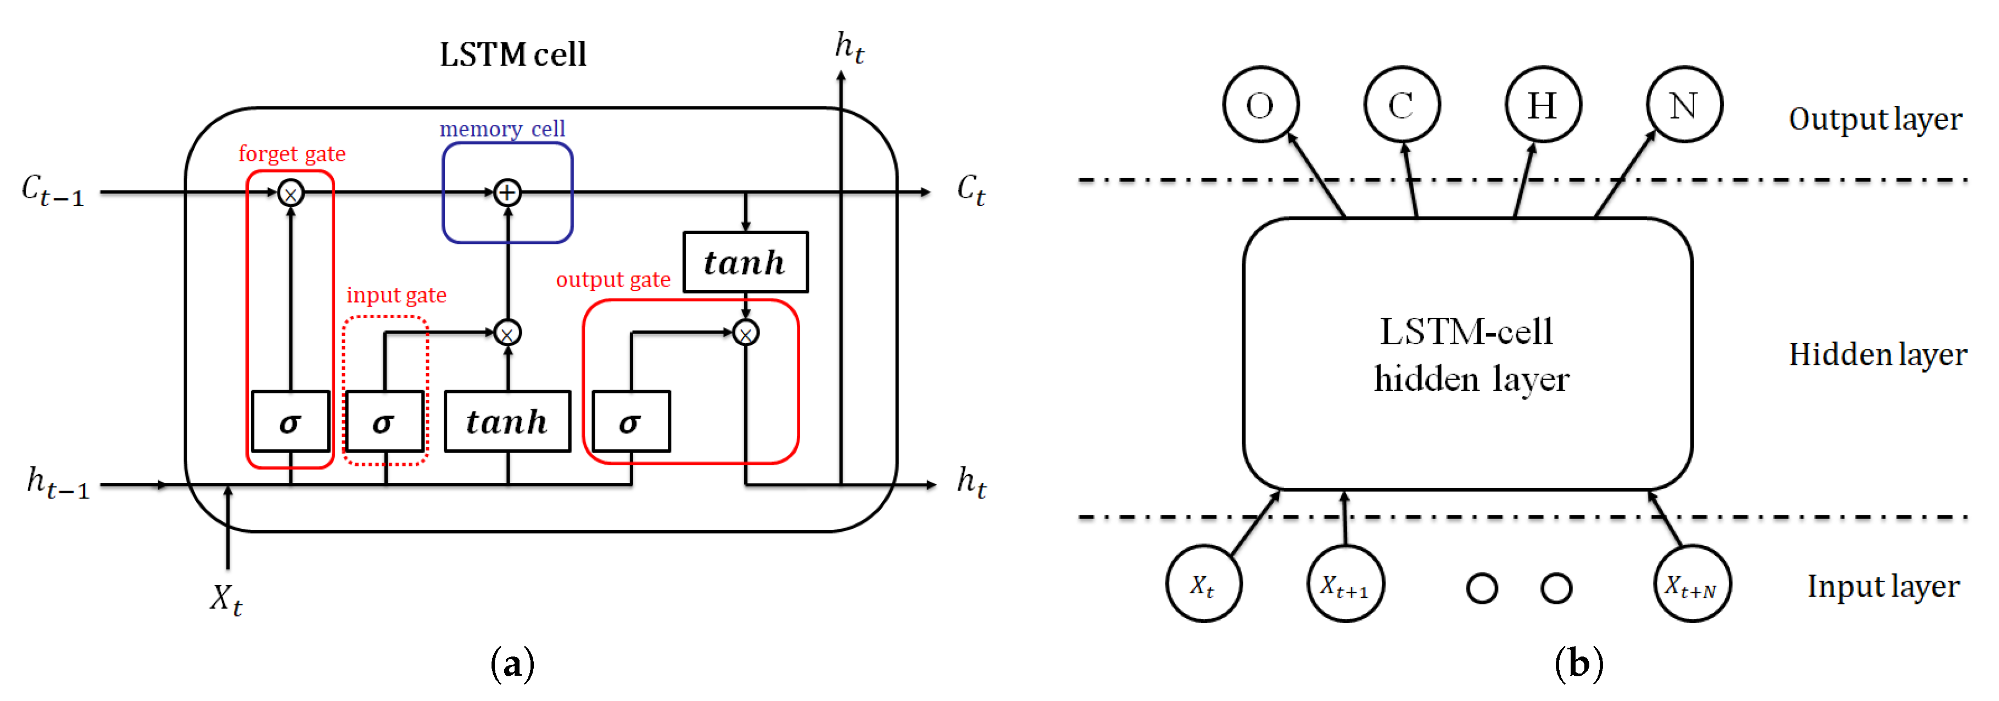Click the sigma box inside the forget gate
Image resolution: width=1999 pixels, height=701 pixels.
[290, 421]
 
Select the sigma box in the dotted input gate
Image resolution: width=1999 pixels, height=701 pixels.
[384, 421]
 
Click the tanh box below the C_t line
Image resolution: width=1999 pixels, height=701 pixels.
[745, 263]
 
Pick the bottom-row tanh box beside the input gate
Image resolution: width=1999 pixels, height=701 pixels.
[507, 421]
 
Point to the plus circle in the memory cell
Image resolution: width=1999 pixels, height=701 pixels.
[507, 192]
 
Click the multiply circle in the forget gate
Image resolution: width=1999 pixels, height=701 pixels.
[290, 193]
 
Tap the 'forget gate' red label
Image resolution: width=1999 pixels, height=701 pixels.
[292, 154]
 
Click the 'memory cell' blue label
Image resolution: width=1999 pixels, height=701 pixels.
[502, 129]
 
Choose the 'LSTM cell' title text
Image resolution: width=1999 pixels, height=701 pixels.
[512, 55]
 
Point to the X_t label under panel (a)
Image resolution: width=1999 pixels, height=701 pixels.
[226, 600]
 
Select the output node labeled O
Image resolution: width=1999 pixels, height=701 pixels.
[1260, 105]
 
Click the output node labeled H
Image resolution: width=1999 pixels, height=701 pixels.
[1543, 105]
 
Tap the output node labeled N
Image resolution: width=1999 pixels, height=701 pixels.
[1684, 105]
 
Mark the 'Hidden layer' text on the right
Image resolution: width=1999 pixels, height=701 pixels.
[1877, 355]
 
